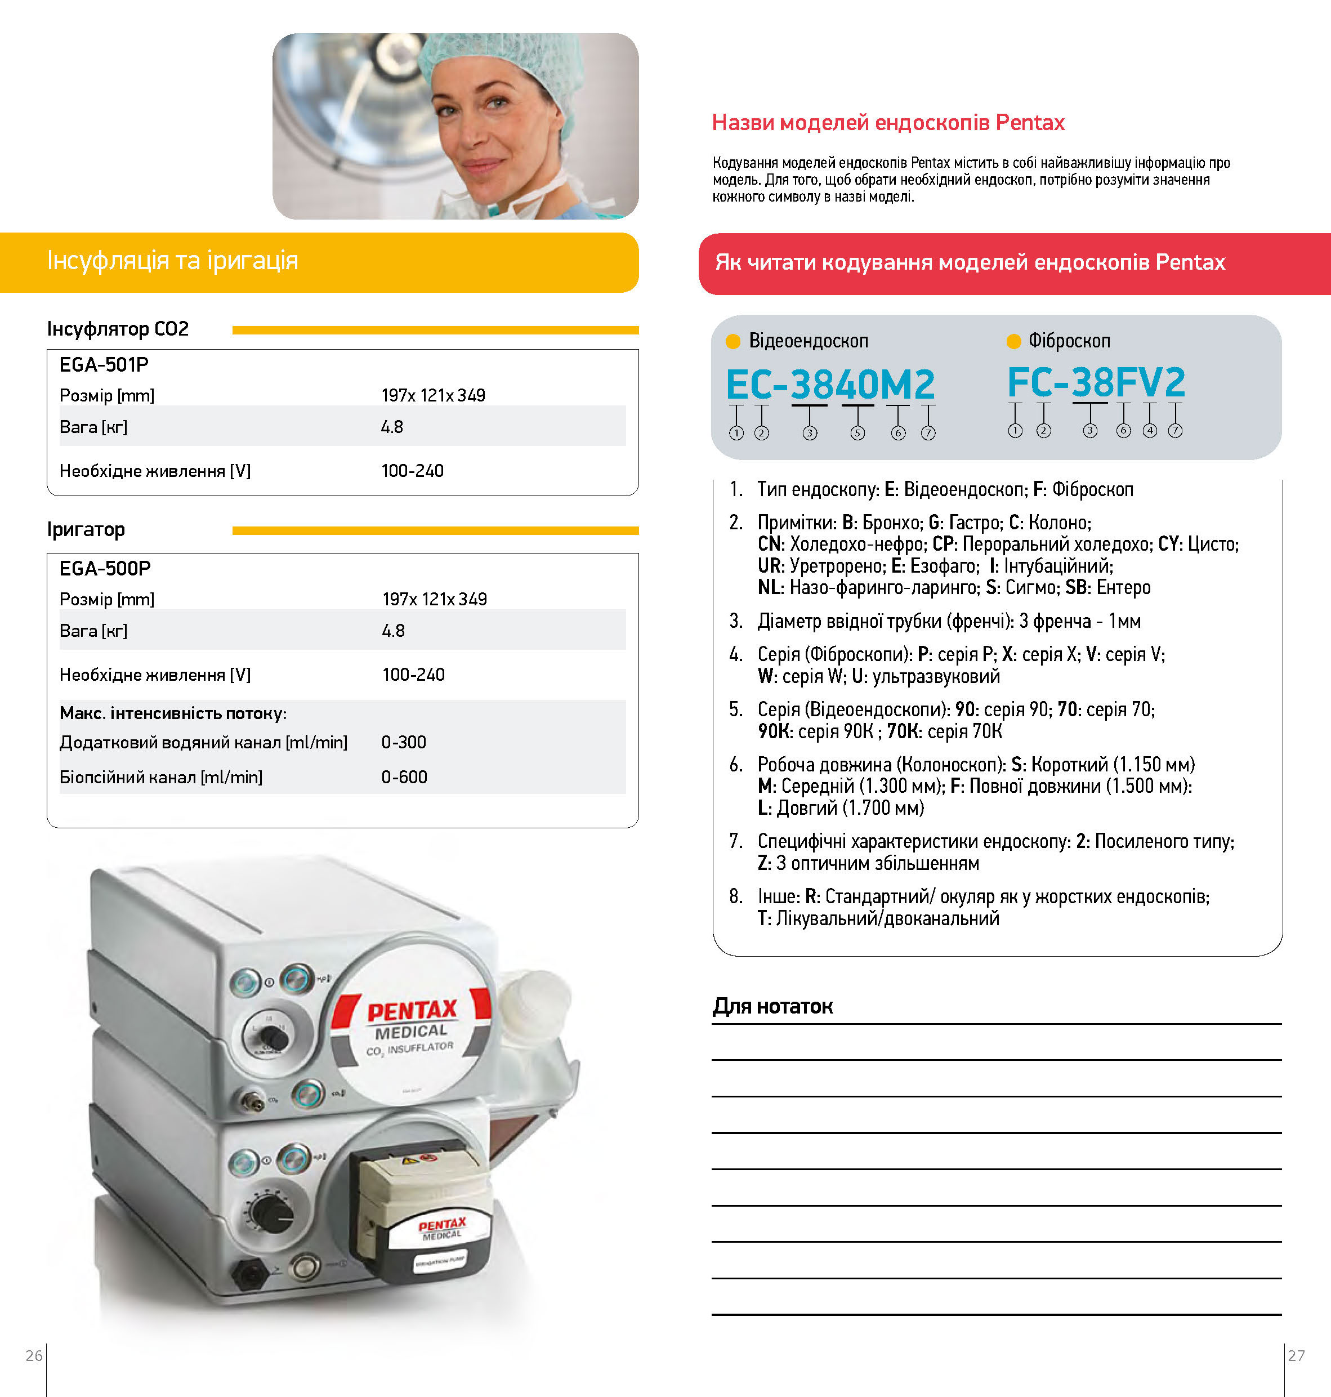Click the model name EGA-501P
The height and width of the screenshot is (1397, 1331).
click(104, 365)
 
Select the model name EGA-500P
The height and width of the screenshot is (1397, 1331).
click(105, 568)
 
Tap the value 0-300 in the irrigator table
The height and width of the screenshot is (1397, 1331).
click(404, 742)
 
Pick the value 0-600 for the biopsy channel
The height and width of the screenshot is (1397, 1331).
click(404, 777)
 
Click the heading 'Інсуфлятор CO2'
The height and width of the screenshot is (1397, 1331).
click(118, 329)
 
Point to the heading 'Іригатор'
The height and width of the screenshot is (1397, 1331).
click(86, 529)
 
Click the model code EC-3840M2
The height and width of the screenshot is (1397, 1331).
click(830, 385)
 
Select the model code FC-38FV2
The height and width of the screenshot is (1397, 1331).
click(1096, 382)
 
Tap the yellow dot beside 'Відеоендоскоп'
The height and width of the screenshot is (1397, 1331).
click(733, 341)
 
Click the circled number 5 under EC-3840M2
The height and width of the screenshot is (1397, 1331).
click(857, 433)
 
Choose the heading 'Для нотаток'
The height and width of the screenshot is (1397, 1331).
click(772, 1006)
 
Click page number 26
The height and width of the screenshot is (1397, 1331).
click(34, 1355)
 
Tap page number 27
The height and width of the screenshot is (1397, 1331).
click(1296, 1355)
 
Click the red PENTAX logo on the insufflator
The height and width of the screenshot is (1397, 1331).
click(412, 1010)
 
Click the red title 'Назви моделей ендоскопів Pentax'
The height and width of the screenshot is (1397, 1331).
click(888, 123)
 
